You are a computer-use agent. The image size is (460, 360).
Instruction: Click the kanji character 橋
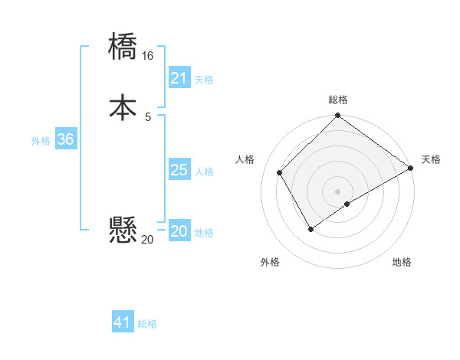pos(123,46)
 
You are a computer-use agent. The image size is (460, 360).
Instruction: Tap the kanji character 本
pos(123,107)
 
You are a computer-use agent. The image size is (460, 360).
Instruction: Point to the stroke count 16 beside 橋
pos(148,56)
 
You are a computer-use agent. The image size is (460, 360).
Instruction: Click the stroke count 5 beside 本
pos(148,116)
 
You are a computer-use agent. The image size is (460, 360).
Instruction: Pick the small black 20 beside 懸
pos(147,239)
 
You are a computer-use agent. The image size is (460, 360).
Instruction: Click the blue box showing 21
pos(179,78)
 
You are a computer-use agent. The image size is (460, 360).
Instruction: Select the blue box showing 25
pos(179,170)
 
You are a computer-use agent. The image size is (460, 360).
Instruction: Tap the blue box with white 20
pos(179,231)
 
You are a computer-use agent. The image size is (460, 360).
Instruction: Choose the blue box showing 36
pos(65,139)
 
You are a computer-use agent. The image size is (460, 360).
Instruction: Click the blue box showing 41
pos(123,322)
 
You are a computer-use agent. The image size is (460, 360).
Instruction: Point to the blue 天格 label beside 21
pos(204,80)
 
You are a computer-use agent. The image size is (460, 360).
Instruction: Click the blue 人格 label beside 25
pos(204,172)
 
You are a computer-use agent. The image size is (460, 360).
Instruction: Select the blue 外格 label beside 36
pos(41,141)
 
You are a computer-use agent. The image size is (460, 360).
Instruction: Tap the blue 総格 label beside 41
pos(147,324)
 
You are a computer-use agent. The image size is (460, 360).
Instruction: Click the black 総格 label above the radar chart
pos(338,100)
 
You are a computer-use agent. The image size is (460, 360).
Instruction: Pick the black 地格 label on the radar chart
pos(402,263)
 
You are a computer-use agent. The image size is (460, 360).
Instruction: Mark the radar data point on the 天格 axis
pos(410,168)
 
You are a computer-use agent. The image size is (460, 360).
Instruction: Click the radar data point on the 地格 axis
pos(347,204)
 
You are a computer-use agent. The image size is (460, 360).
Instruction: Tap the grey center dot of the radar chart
pos(337,191)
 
